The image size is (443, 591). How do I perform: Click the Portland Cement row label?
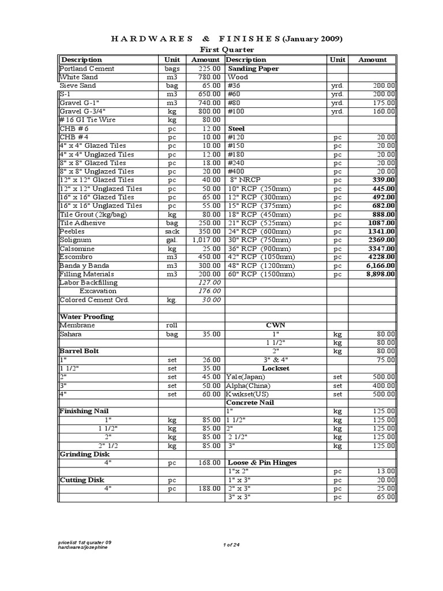pos(87,69)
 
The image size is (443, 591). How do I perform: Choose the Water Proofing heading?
pos(87,317)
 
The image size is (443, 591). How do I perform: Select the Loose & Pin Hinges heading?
pos(262,463)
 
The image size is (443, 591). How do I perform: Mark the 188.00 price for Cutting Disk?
pos(210,488)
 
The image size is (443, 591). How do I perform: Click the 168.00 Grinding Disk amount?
pos(210,463)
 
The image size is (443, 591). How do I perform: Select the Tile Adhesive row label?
pos(83,223)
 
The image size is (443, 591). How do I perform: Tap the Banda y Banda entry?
pos(84,265)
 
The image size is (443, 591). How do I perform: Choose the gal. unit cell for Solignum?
pos(172,240)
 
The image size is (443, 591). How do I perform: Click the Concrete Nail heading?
pos(250,402)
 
